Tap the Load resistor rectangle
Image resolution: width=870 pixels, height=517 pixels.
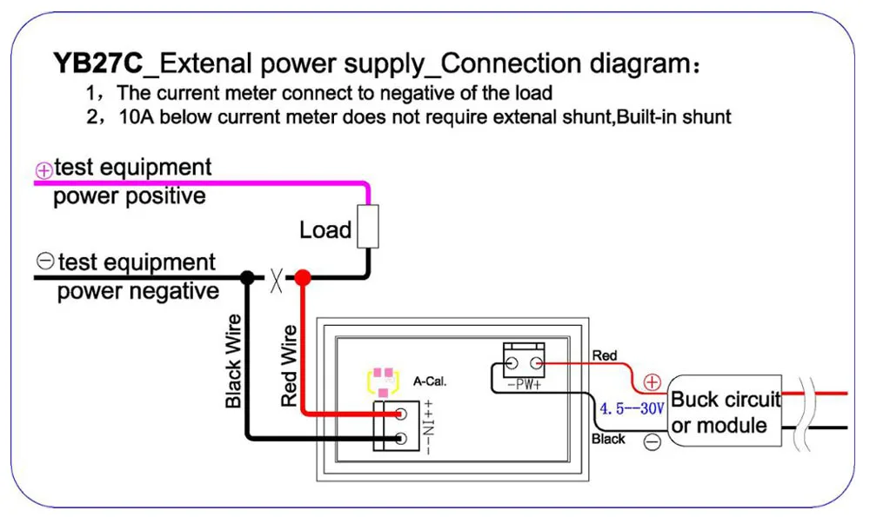370,225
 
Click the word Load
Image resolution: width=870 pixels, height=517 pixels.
325,230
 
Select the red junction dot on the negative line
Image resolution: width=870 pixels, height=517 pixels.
302,278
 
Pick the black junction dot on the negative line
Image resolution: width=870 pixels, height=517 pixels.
248,278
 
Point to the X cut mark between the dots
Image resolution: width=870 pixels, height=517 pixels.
276,279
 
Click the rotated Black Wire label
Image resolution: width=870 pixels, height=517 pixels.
233,361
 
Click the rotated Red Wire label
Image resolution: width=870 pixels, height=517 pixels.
290,366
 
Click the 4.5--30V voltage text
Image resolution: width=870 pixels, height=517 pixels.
632,408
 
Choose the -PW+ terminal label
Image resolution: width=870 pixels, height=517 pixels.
523,384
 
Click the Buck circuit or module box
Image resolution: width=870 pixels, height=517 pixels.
726,413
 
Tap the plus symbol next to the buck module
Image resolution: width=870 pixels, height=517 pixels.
652,382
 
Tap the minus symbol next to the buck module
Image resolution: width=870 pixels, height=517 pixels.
652,441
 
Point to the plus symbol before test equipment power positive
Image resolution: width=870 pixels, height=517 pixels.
43,170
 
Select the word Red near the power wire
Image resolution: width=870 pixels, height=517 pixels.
604,355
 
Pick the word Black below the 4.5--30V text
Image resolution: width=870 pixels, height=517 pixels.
608,440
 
